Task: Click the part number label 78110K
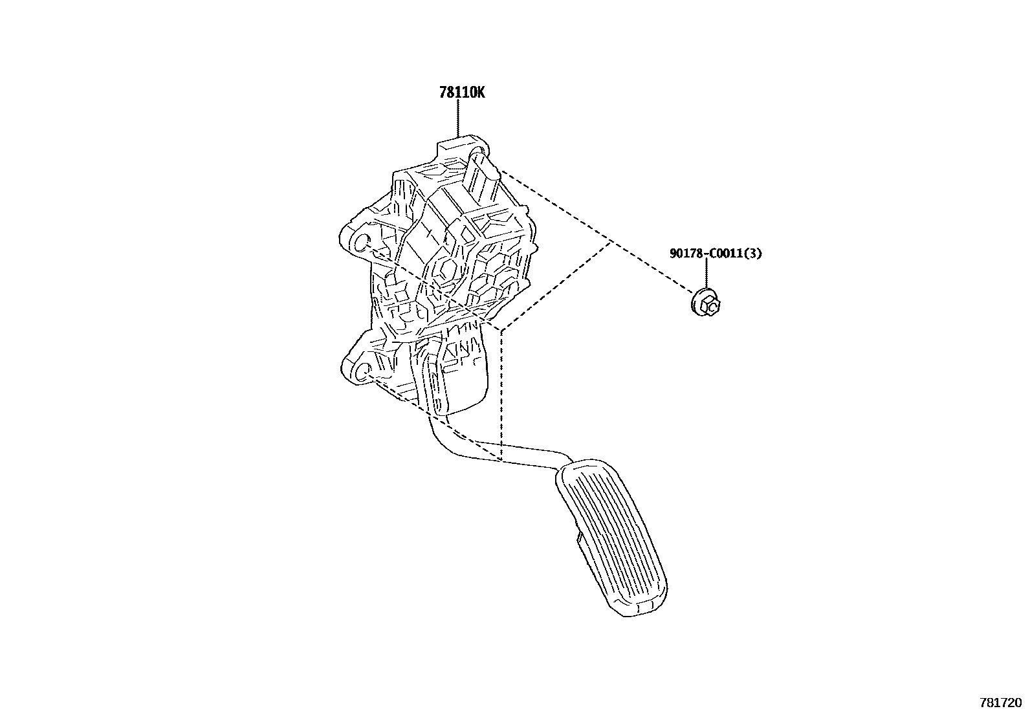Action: click(x=462, y=93)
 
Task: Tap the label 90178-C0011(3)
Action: click(x=716, y=254)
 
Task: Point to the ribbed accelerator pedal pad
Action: click(x=611, y=538)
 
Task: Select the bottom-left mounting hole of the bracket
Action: click(x=363, y=371)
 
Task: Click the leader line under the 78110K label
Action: click(x=458, y=120)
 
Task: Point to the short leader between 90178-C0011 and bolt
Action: click(x=706, y=275)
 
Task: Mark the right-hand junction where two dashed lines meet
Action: click(x=611, y=241)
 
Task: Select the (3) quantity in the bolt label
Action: click(x=754, y=254)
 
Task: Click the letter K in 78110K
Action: click(x=479, y=93)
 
